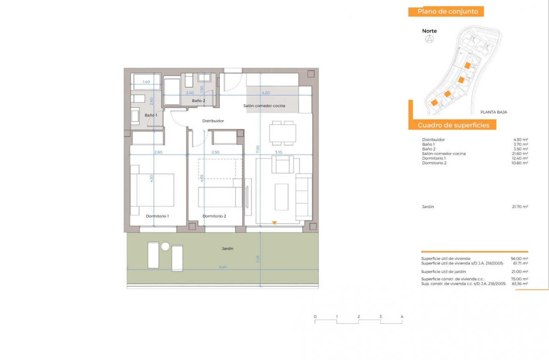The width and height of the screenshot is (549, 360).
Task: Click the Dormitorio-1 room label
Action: pyautogui.click(x=157, y=216)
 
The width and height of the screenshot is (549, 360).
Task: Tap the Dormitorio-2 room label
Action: pyautogui.click(x=214, y=216)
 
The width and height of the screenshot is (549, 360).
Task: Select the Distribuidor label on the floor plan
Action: pyautogui.click(x=213, y=121)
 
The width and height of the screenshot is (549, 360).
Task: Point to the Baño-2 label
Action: pyautogui.click(x=198, y=101)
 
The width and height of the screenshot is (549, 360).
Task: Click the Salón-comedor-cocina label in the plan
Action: pyautogui.click(x=264, y=106)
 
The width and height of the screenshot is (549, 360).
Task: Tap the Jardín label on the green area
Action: pyautogui.click(x=227, y=249)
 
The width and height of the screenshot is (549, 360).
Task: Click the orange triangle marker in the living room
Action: pyautogui.click(x=274, y=223)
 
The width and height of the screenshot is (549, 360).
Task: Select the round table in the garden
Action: pyautogui.click(x=165, y=247)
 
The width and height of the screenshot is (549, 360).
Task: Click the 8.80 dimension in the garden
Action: pyautogui.click(x=222, y=267)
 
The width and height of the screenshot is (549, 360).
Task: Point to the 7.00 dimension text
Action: pyautogui.click(x=258, y=148)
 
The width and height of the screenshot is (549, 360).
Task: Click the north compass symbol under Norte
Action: pyautogui.click(x=429, y=39)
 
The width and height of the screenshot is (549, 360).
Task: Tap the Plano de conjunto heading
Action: pyautogui.click(x=448, y=12)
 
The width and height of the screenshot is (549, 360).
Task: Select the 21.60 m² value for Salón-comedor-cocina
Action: pyautogui.click(x=521, y=154)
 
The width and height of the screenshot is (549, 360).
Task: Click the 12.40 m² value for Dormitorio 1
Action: pyautogui.click(x=521, y=158)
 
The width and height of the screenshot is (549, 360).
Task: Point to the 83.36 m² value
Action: pyautogui.click(x=521, y=284)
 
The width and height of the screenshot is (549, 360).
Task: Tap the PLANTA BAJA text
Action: pyautogui.click(x=493, y=112)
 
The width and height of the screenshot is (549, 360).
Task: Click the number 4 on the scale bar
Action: pyautogui.click(x=402, y=317)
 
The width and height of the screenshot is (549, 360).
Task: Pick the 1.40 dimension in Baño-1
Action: pyautogui.click(x=146, y=82)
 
